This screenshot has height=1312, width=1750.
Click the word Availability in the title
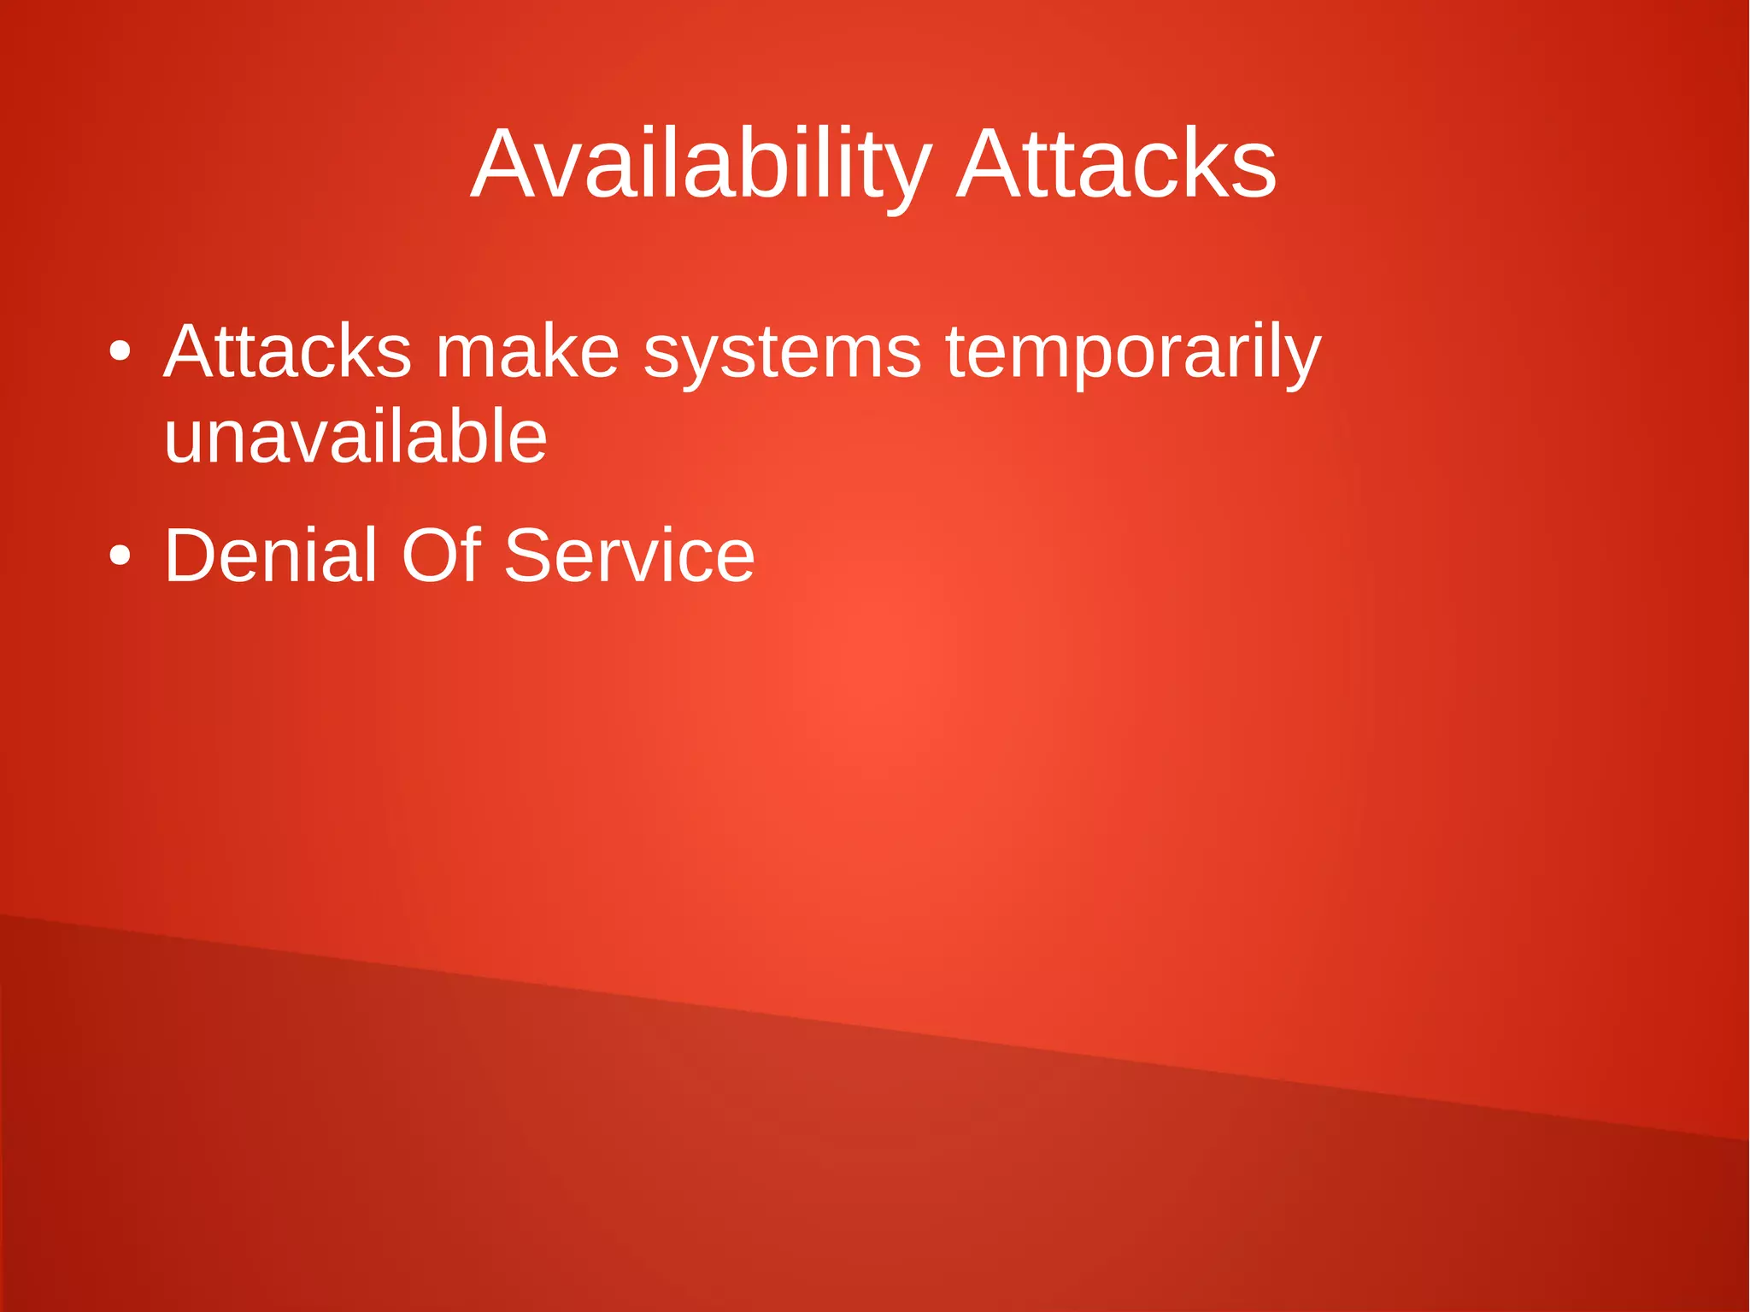point(701,165)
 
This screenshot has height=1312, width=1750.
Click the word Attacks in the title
point(1116,165)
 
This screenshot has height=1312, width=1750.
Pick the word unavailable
point(355,437)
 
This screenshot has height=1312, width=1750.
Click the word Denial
point(270,556)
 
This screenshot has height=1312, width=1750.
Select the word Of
point(440,556)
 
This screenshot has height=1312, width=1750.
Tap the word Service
point(630,556)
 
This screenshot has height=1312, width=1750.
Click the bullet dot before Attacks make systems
point(120,352)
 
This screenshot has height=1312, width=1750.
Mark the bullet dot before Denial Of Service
point(120,556)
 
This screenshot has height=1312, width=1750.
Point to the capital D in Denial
point(191,556)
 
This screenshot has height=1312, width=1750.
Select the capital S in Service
point(529,556)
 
